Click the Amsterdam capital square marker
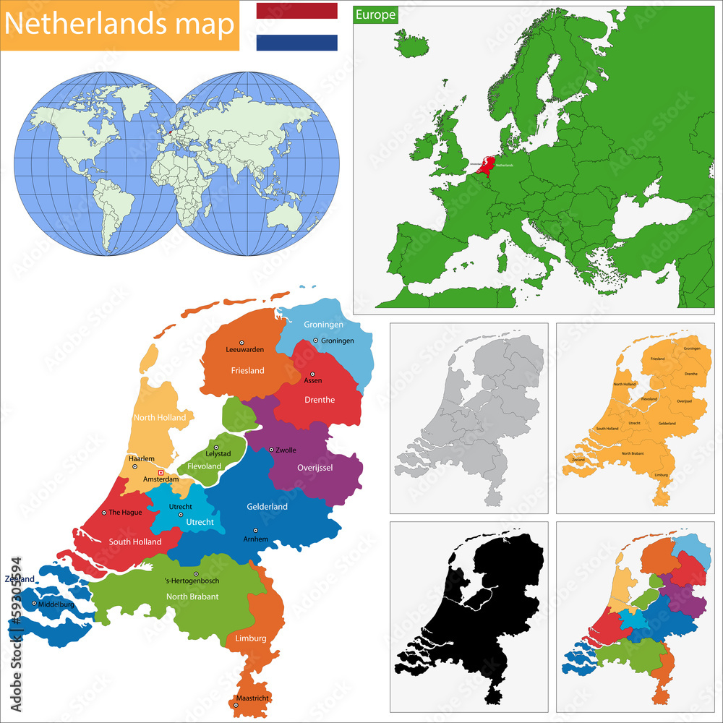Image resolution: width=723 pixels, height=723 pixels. [x=161, y=473]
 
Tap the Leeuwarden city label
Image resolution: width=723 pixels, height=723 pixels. [x=245, y=349]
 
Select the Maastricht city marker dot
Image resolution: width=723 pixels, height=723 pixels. [x=236, y=704]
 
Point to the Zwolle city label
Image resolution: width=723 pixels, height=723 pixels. [x=286, y=450]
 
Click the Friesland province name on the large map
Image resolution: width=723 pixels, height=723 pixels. [x=247, y=370]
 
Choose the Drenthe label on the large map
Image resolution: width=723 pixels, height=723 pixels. [x=319, y=400]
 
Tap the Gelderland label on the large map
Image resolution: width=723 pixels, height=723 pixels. [x=267, y=506]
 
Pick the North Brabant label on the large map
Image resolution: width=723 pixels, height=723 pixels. [x=192, y=596]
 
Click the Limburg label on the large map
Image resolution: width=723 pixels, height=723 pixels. [x=250, y=638]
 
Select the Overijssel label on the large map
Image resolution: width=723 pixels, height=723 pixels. [x=315, y=468]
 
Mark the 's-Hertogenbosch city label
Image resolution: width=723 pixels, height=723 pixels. [x=192, y=581]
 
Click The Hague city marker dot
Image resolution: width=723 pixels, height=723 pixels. [x=104, y=513]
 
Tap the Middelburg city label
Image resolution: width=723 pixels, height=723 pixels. [x=56, y=604]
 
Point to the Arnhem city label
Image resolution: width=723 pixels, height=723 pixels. [x=256, y=539]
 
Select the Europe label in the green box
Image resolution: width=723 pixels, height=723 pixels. [x=375, y=14]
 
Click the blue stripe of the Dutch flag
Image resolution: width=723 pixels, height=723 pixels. [x=296, y=43]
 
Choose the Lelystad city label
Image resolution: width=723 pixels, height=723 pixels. [x=218, y=454]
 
